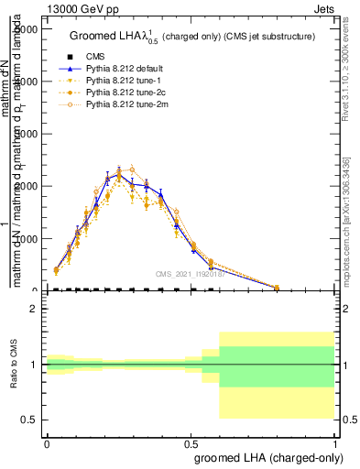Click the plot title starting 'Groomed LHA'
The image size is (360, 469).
coord(193,36)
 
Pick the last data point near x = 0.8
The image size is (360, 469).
coord(277,287)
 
